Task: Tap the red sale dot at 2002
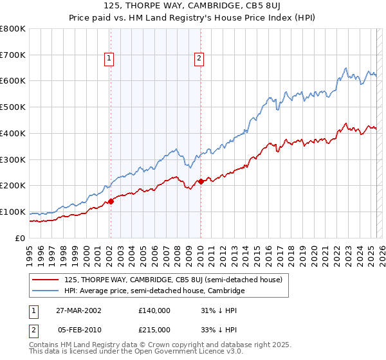pos(111,201)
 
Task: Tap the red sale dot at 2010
pos(201,181)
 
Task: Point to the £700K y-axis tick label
pos(13,55)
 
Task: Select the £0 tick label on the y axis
pos(21,239)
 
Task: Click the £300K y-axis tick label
pos(13,160)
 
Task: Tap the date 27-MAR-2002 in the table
pos(80,310)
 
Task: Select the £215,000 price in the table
pos(154,330)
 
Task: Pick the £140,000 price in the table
pos(154,310)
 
